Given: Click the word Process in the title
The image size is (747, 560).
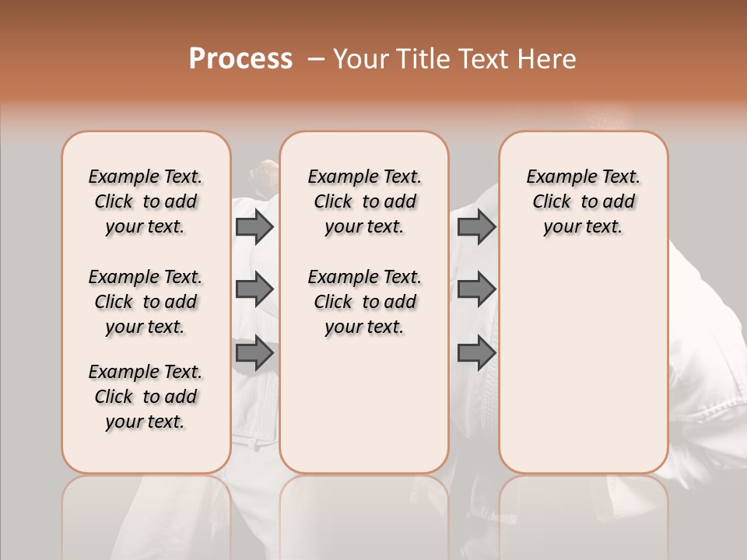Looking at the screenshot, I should [240, 58].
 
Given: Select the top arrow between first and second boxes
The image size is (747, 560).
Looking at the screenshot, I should [254, 226].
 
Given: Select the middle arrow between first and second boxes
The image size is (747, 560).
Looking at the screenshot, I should [254, 289].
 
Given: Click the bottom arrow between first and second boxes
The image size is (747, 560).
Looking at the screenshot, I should [254, 353].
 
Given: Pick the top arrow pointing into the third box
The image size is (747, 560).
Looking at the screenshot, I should [476, 226].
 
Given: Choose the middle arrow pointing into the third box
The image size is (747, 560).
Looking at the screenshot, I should [476, 289].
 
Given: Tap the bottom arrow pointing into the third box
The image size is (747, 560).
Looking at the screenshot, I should [476, 353].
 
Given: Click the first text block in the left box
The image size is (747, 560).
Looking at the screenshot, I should [146, 201].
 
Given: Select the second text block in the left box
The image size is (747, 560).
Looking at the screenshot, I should [146, 302].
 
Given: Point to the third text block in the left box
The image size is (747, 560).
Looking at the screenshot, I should [146, 397].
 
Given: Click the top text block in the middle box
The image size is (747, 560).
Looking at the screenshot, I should [364, 201].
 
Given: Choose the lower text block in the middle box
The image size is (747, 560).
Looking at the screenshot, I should [364, 302].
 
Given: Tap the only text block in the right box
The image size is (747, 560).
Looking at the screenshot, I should [583, 201].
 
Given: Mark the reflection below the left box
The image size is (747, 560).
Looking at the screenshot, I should [146, 513].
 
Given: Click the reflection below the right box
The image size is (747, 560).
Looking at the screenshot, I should [583, 513].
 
